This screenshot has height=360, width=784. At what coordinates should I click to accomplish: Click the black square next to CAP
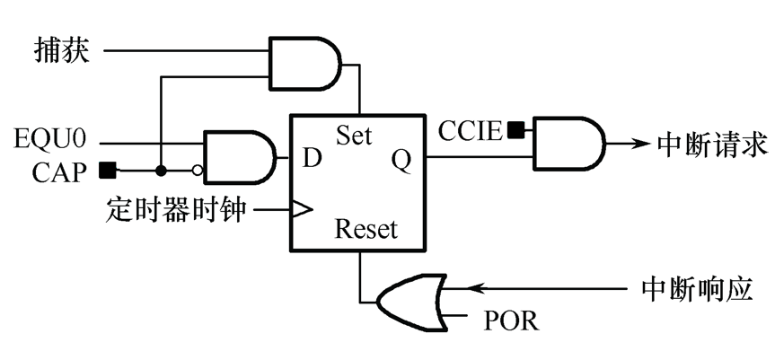pos(107,169)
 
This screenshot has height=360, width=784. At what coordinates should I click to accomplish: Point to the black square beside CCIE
pos(515,131)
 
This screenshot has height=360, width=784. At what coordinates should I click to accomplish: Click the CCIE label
pos(470,131)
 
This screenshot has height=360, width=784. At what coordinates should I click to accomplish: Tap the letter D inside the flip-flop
pos(312,159)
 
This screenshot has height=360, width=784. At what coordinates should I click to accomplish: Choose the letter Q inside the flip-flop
pos(401,160)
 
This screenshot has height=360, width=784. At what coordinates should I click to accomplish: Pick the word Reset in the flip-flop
pos(366,231)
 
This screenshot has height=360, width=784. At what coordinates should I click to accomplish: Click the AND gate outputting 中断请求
pos(568,144)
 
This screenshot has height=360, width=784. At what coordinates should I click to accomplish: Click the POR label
pos(511,320)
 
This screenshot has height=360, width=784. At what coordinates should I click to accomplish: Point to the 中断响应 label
pos(697,289)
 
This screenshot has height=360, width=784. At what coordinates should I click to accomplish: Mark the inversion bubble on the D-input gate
pos(196,170)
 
